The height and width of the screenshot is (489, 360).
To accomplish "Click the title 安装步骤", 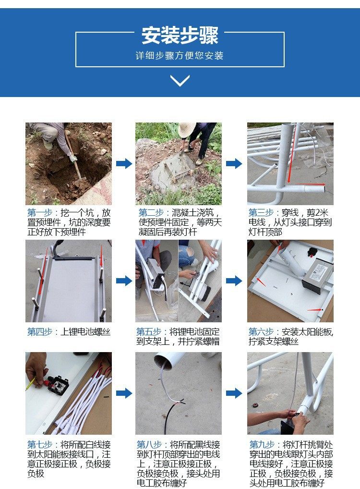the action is tap(180, 35).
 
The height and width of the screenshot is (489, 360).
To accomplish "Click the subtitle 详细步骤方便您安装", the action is tap(180, 56).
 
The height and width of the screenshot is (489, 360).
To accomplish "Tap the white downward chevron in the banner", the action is tap(180, 81).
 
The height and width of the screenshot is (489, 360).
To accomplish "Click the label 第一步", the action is tap(39, 213).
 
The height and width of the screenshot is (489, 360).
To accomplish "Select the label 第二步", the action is tap(151, 213).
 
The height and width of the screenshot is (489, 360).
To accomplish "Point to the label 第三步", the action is tap(261, 213).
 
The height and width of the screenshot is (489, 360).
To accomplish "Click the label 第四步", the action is tap(39, 332).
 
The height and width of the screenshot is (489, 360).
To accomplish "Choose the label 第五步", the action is tap(149, 332).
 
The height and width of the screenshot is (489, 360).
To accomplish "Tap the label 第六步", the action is tap(261, 332).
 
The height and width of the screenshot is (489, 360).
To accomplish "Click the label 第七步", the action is tap(39, 445).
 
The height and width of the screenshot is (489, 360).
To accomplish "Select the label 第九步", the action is tap(262, 445).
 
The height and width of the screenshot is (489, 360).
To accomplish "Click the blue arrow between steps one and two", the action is tap(124, 163).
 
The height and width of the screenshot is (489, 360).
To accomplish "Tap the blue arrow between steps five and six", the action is tap(234, 281).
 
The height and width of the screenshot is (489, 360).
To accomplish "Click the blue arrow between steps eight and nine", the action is tap(234, 393).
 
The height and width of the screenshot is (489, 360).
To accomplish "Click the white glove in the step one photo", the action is tap(73, 158).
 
